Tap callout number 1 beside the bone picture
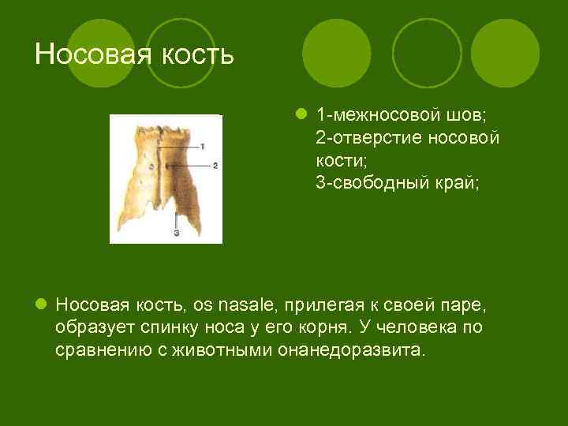coord(203,146)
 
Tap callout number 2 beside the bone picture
coord(214,166)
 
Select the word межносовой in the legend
coord(384,115)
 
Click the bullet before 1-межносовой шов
coord(301,115)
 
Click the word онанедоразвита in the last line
coord(350,349)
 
